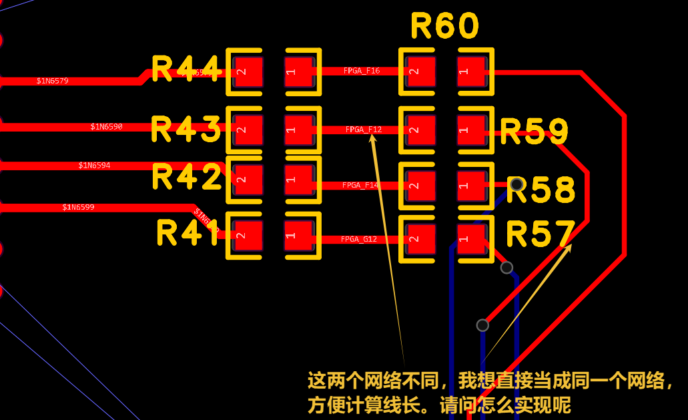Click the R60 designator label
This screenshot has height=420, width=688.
click(x=445, y=27)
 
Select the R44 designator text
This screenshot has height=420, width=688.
click(x=186, y=69)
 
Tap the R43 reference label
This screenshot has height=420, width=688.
click(x=186, y=129)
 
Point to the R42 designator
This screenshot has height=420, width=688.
click(x=186, y=177)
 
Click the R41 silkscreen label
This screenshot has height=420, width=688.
click(x=188, y=233)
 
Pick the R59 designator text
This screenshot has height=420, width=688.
click(x=534, y=132)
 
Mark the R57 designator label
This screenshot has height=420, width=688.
click(x=540, y=234)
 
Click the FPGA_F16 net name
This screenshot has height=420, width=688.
click(x=362, y=70)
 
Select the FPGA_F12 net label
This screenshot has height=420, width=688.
click(x=364, y=130)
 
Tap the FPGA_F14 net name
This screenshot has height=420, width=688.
click(x=360, y=185)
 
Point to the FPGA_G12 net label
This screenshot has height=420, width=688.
click(x=359, y=239)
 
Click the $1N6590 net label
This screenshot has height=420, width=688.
click(x=106, y=126)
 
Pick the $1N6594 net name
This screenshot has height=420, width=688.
click(x=94, y=166)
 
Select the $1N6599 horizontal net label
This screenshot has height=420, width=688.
click(x=78, y=207)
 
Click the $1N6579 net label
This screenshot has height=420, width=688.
click(x=52, y=81)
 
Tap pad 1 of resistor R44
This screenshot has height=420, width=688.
click(x=298, y=71)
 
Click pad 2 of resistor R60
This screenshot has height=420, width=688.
click(x=421, y=71)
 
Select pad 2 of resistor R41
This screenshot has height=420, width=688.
click(x=248, y=236)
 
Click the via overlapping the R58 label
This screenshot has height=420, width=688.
click(x=516, y=184)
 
